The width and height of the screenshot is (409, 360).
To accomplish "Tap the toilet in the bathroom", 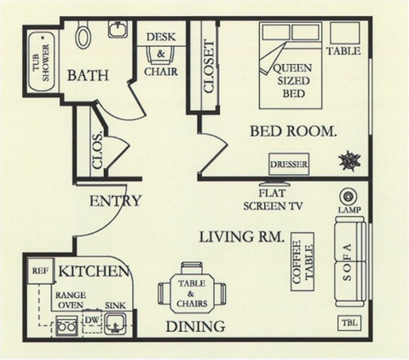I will (84, 34).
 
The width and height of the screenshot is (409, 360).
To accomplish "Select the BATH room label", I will (88, 75).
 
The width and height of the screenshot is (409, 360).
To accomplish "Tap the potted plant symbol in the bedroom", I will (349, 160).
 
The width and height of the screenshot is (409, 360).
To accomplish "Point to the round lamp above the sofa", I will (347, 195).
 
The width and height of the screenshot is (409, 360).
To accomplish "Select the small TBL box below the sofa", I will (348, 323).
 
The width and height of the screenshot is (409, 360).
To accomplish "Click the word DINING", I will (196, 326).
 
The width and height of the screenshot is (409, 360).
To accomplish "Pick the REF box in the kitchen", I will (38, 270).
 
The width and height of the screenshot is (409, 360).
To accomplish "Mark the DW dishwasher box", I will (92, 321).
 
